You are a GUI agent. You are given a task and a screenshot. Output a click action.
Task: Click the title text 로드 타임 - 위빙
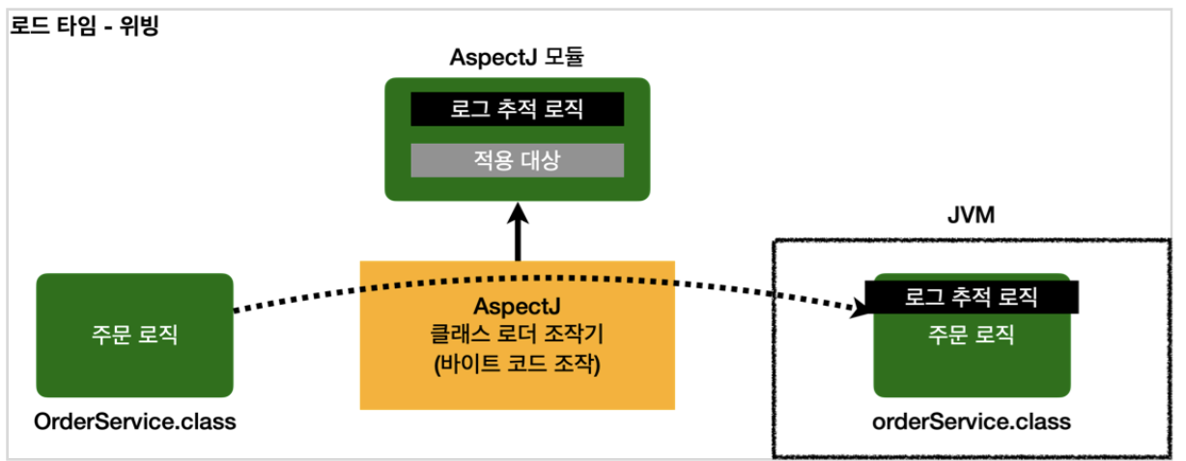click(x=84, y=26)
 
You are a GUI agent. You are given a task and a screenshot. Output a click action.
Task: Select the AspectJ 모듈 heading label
click(x=517, y=57)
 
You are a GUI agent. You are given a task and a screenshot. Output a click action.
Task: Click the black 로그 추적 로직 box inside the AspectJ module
click(x=517, y=109)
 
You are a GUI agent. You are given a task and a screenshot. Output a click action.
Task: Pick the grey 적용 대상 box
click(x=517, y=160)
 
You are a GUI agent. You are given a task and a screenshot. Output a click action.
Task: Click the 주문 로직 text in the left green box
click(x=134, y=335)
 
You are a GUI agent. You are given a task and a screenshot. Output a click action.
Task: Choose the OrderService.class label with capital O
click(x=134, y=422)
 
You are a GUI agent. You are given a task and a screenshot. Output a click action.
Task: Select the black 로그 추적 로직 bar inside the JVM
click(x=971, y=297)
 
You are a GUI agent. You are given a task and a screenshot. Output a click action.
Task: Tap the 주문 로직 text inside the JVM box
click(x=971, y=335)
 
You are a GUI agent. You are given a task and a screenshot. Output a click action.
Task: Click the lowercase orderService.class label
click(x=971, y=422)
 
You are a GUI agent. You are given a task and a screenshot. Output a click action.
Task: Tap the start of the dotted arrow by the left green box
click(x=238, y=310)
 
